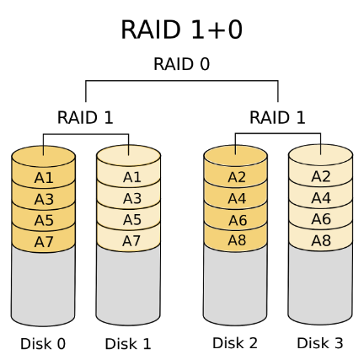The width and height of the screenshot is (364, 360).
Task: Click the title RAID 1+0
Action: click(181, 30)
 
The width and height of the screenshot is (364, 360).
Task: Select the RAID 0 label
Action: click(181, 64)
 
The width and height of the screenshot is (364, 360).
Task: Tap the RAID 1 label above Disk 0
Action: click(85, 117)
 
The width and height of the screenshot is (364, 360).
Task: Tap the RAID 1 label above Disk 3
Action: click(277, 117)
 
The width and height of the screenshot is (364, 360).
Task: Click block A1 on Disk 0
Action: click(44, 178)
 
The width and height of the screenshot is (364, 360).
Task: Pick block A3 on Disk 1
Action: click(131, 199)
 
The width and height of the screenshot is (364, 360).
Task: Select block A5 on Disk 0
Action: click(44, 219)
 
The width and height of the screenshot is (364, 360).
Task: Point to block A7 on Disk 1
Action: click(131, 240)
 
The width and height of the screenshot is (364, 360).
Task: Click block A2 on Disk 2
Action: click(237, 177)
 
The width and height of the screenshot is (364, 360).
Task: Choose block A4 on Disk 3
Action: click(320, 198)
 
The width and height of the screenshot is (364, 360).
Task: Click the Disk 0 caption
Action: click(43, 344)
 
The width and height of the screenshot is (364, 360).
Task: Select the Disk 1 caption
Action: click(127, 344)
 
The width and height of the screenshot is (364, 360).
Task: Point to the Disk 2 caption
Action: click(235, 343)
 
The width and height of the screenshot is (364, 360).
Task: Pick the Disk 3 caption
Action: click(320, 343)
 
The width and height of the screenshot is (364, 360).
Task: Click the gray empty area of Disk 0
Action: click(44, 287)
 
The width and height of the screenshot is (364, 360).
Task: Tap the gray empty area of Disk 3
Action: click(320, 287)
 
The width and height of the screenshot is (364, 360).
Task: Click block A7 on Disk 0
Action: click(44, 240)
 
